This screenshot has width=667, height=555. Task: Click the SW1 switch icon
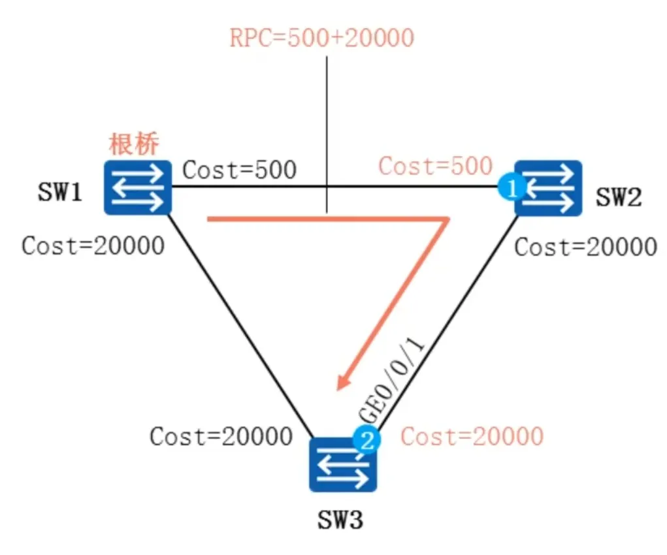pos(138,188)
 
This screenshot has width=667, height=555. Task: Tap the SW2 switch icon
pos(547,188)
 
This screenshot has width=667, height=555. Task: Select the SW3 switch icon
pos(343,464)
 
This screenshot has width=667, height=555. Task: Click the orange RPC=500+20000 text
pos(321,38)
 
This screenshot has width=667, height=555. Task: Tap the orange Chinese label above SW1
pos(133,144)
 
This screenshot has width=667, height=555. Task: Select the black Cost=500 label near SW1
pos(239,170)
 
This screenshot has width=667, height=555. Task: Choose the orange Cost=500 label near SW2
pos(435,166)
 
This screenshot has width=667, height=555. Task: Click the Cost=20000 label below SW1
pos(93,246)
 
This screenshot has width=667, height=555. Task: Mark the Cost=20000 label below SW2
pos(585,247)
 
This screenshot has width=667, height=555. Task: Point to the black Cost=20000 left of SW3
pos(221,436)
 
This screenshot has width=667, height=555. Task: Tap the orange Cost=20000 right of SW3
pos(472,436)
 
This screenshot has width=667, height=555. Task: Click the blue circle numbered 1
pos(512,189)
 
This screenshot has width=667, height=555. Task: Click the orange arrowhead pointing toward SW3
pos(344,381)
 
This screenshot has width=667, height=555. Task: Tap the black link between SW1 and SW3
pos(242,326)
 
